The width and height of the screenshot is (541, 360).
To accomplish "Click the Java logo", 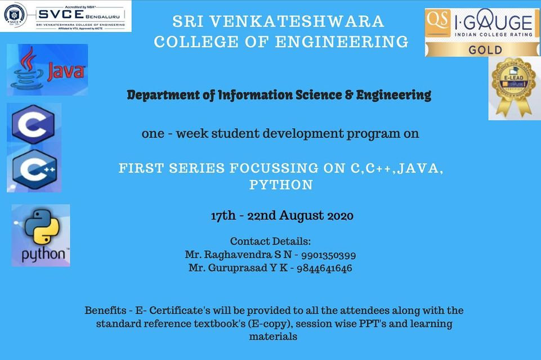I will pos(47,70).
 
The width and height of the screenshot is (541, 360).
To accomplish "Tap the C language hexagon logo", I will pos(34,124).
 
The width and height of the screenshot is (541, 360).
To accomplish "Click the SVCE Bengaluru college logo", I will pos(65,16).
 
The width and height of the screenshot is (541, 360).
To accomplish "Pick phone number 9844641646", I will pos(329,268).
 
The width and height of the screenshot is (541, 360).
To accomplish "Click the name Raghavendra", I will pos(237,255).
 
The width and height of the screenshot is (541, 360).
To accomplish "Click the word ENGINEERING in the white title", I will pos(342,42).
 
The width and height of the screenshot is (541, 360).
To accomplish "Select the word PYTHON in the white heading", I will pos(280,184).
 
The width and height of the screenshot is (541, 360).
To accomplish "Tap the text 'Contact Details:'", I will pos(270,241).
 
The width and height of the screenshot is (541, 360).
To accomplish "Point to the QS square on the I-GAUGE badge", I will pos(437,21).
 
